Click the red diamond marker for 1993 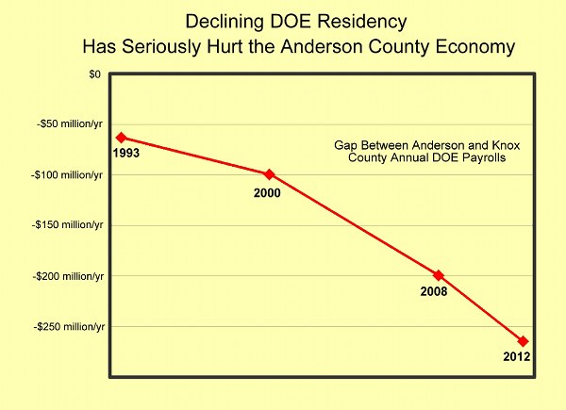tap(120, 138)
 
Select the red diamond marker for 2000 tap(269, 174)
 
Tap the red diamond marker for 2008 tap(438, 275)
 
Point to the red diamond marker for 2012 tap(523, 341)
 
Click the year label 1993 tap(125, 153)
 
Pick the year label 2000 tap(269, 192)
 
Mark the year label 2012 tap(518, 357)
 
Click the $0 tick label tap(93, 74)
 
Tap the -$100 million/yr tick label tap(66, 174)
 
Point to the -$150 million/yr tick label tap(66, 225)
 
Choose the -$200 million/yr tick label tap(66, 276)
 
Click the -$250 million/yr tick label tap(66, 326)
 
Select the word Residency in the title tap(352, 20)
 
